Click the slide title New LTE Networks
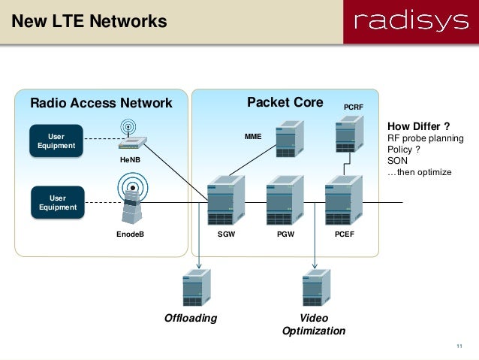pyautogui.click(x=89, y=22)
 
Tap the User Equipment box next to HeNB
pyautogui.click(x=56, y=141)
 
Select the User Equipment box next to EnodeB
pyautogui.click(x=56, y=202)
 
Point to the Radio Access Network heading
pyautogui.click(x=101, y=103)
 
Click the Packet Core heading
pyautogui.click(x=285, y=102)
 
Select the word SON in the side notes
pyautogui.click(x=396, y=160)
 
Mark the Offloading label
pyautogui.click(x=191, y=318)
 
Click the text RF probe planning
pyautogui.click(x=425, y=138)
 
